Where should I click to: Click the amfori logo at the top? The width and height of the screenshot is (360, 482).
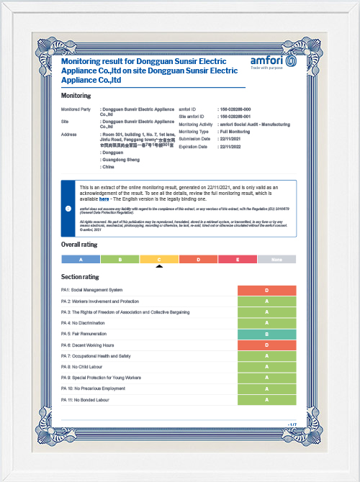point(273,61)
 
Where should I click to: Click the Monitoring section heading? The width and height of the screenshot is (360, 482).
point(76,96)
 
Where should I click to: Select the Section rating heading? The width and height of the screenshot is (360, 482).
point(80,277)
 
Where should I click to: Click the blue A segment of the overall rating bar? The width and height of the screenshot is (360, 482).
point(81,259)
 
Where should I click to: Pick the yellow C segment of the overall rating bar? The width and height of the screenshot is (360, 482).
point(159,259)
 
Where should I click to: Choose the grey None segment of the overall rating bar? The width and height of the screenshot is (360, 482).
point(276,259)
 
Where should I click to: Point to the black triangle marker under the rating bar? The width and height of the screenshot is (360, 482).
point(159,266)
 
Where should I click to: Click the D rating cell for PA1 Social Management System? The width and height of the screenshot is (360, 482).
point(266,290)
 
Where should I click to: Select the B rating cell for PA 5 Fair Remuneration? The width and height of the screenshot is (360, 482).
point(266,334)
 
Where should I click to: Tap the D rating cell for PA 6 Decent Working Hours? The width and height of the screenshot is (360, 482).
point(266,345)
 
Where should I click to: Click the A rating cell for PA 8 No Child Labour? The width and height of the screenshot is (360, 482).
point(266,367)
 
